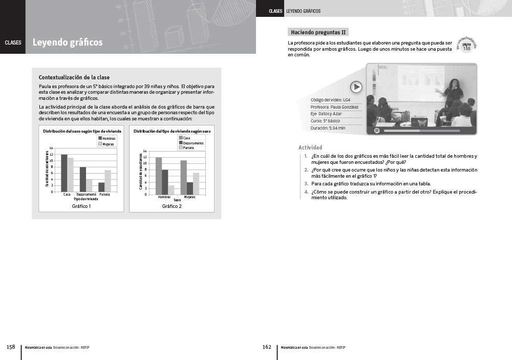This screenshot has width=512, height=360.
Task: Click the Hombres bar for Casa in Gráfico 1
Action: click(x=64, y=173)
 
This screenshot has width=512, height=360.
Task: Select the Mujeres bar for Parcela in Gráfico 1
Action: click(x=108, y=181)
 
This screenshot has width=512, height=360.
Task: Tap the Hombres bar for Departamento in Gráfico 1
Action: click(x=82, y=179)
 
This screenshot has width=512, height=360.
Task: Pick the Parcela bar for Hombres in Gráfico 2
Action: click(x=171, y=190)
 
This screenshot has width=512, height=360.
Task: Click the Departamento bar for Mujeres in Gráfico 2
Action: click(x=190, y=188)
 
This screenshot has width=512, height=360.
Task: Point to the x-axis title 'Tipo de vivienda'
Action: click(x=86, y=199)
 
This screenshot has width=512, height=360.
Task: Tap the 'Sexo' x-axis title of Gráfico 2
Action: click(x=177, y=200)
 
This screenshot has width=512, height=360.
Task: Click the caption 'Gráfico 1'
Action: click(x=81, y=206)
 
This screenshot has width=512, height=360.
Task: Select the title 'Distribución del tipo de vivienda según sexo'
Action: click(x=172, y=131)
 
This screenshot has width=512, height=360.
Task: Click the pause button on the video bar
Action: click(x=377, y=131)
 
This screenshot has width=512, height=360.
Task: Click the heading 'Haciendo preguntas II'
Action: click(x=318, y=32)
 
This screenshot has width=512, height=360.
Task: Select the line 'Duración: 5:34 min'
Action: click(x=328, y=128)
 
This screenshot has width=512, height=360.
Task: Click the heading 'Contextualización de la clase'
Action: click(x=74, y=77)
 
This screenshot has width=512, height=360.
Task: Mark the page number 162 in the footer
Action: click(x=267, y=347)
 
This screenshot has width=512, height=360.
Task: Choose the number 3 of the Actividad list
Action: click(x=306, y=183)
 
